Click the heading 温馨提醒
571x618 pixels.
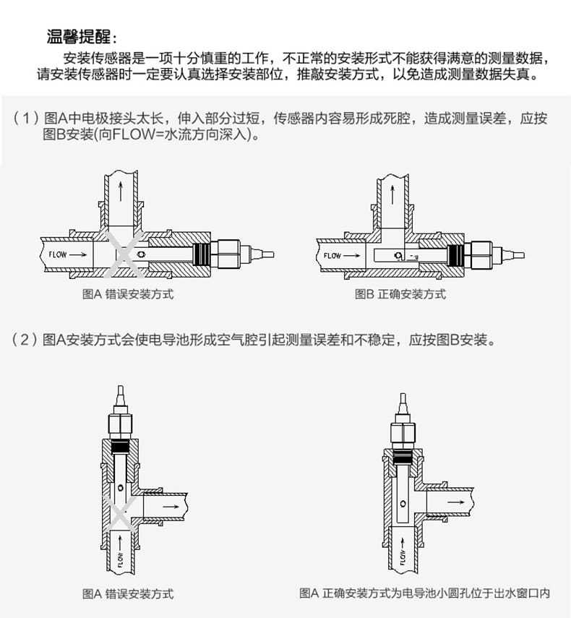78,37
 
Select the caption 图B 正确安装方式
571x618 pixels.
400,294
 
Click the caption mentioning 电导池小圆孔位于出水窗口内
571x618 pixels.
424,593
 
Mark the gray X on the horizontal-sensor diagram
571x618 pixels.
124,254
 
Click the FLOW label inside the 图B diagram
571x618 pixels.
332,256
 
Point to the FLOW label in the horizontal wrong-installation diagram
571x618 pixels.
58,254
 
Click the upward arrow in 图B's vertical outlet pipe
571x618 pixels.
392,195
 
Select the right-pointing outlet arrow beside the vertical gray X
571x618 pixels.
171,507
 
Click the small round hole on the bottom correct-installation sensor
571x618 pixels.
403,504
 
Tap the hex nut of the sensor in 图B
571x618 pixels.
478,256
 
